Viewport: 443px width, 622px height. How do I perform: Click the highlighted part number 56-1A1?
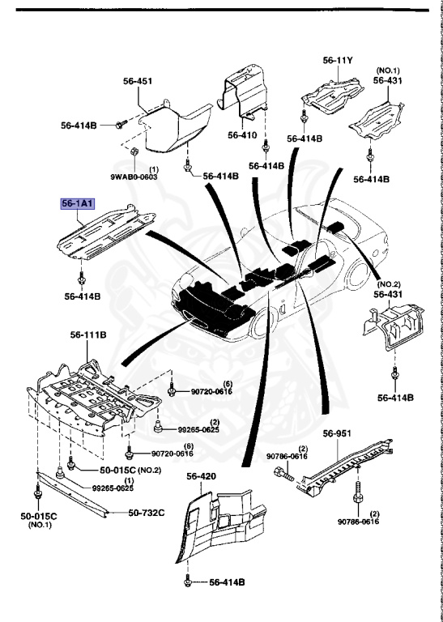[x=74, y=205]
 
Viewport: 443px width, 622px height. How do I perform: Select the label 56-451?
[x=137, y=81]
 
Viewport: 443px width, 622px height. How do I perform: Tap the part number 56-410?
[x=242, y=135]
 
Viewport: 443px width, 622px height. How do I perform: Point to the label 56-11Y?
[x=339, y=60]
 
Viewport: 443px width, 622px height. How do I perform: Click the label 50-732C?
[x=147, y=512]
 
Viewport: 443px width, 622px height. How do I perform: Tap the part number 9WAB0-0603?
[x=130, y=176]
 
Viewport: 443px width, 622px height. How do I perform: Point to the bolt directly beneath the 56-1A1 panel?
[x=81, y=279]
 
